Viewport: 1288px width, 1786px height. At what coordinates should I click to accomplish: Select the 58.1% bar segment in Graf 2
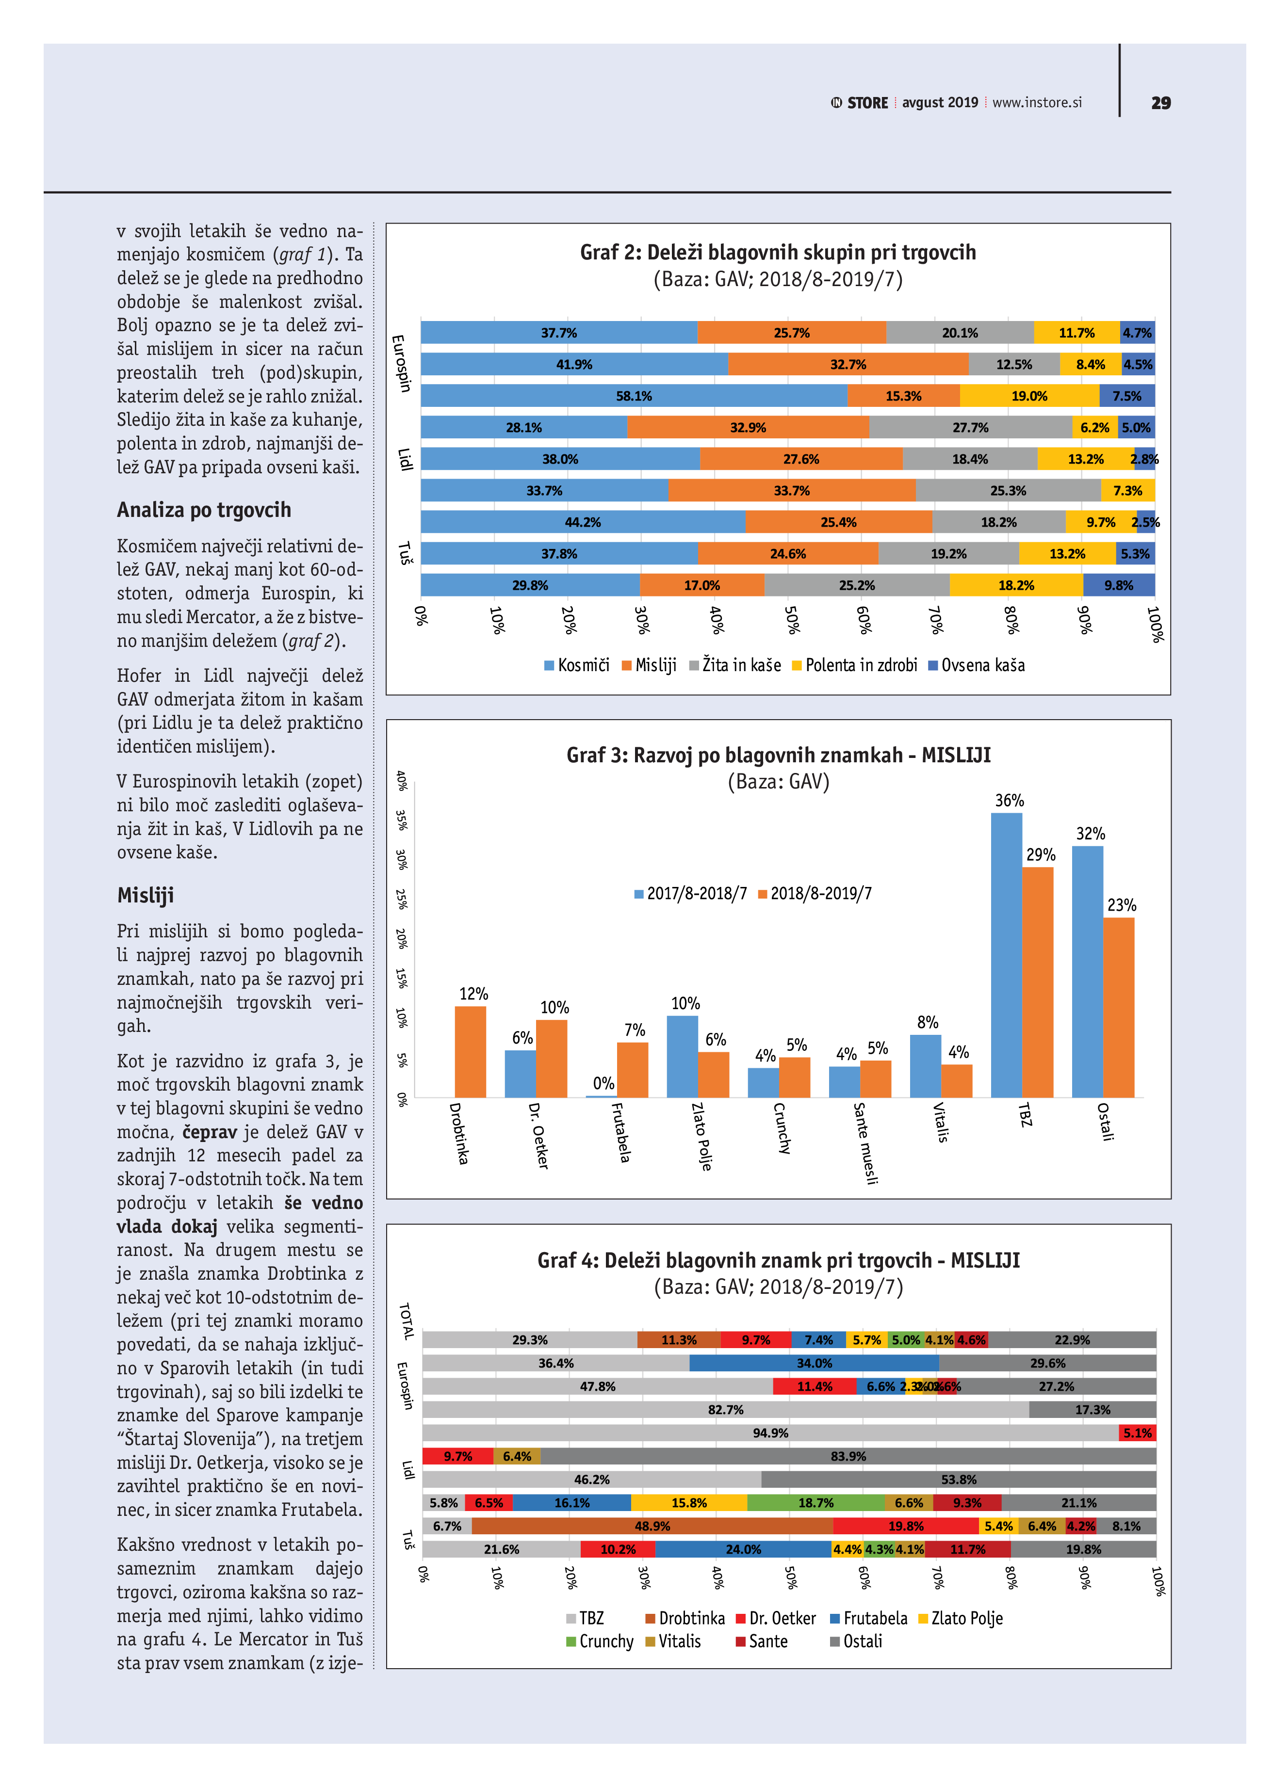click(x=634, y=396)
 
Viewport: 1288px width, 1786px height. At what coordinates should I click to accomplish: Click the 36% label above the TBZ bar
click(x=1009, y=801)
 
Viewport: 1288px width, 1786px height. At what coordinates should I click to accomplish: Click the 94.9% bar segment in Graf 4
click(x=770, y=1433)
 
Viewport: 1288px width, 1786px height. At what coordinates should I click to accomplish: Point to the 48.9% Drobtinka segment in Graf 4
click(x=652, y=1526)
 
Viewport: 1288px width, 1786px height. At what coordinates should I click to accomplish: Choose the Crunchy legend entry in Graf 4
click(x=599, y=1642)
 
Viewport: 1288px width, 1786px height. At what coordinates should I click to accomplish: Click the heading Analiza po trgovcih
click(x=204, y=510)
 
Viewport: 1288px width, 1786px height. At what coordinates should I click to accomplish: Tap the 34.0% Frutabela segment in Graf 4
click(x=814, y=1363)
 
